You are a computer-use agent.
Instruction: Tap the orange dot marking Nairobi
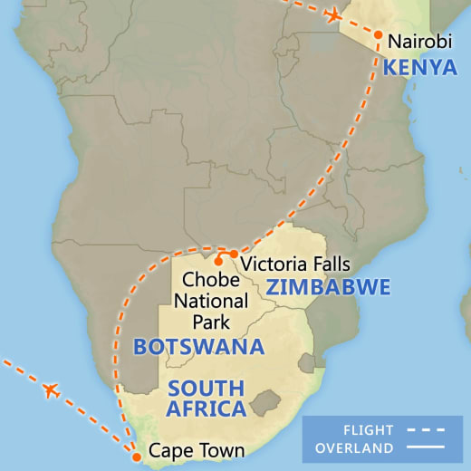[378, 34]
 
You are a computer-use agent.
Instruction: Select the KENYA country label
[419, 67]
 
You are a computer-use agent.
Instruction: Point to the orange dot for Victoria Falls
[234, 254]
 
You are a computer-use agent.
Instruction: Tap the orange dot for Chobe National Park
[218, 262]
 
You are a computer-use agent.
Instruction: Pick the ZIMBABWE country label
[328, 288]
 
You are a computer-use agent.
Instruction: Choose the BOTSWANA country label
[198, 346]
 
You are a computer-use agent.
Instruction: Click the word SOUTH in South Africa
[207, 389]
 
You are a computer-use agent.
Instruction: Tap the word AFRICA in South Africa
[207, 409]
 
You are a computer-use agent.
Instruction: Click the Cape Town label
[197, 450]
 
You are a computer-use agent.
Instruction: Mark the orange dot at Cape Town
[137, 457]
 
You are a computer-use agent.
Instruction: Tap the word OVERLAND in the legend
[355, 448]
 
